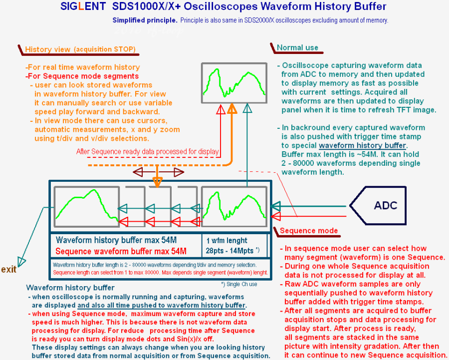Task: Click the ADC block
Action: point(378,206)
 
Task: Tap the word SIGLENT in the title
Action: point(83,6)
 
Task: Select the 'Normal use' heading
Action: point(297,47)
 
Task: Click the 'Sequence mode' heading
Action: point(309,231)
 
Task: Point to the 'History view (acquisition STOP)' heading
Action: point(80,49)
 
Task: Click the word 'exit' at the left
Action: point(8,270)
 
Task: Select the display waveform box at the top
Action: point(234,83)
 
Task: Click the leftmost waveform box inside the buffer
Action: point(86,207)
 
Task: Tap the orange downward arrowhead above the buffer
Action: point(158,182)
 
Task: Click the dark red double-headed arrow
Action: point(158,172)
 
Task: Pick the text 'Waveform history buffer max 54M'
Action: point(116,240)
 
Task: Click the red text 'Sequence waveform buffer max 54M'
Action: point(121,251)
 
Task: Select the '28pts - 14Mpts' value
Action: point(229,251)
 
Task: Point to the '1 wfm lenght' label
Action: point(227,241)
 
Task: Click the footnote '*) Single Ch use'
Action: point(239,284)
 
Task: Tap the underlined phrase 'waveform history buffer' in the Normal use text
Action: point(363,146)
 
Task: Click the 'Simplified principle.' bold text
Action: point(145,20)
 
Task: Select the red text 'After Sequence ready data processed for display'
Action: point(148,152)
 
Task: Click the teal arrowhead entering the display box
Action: point(247,108)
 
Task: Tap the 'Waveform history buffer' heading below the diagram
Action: point(70,288)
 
